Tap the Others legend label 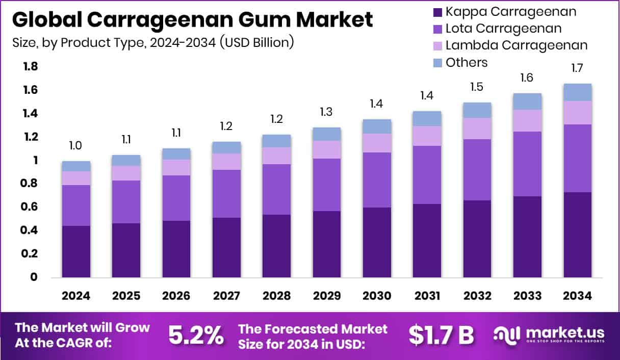[467, 62]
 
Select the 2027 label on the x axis [226, 296]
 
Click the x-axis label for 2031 [427, 296]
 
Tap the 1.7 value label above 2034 [577, 68]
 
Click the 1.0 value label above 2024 [76, 146]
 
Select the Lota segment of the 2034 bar [577, 158]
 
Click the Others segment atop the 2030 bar [377, 126]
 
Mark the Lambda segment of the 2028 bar [276, 156]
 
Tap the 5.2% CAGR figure [196, 335]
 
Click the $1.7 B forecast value [441, 335]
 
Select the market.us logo [548, 335]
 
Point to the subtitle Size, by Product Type [153, 42]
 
